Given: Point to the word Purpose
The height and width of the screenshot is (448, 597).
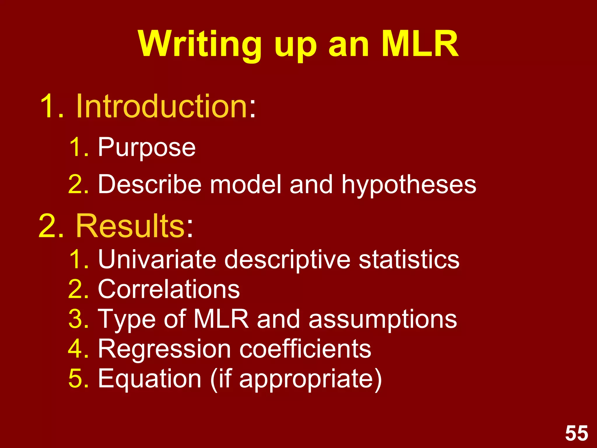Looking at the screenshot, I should pos(147,148).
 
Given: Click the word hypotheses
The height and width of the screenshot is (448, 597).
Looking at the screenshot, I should pos(409,185).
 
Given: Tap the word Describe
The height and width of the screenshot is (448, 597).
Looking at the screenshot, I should pos(150,184).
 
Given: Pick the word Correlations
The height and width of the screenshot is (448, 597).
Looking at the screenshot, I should pos(169,289).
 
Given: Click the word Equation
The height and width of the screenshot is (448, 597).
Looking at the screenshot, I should pos(150,379).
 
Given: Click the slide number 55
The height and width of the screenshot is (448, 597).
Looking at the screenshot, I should pos(577,433).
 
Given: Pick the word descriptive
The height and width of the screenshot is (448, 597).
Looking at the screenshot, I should pos(287,260).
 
